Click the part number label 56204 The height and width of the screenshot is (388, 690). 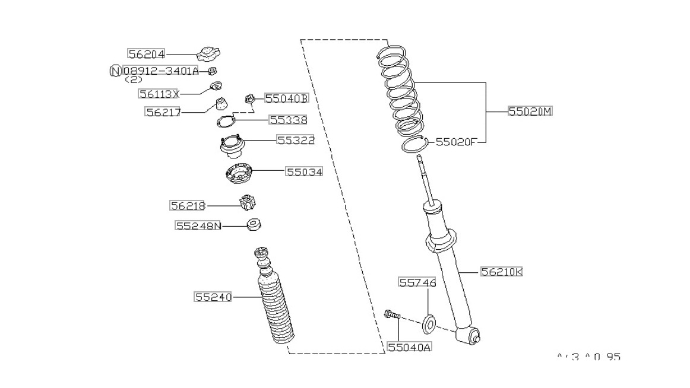click(x=147, y=54)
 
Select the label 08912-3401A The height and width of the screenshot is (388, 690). click(x=160, y=71)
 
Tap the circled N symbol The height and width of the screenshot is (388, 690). click(x=116, y=71)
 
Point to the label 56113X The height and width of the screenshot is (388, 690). click(x=159, y=93)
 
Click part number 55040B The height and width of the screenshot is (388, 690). click(x=286, y=98)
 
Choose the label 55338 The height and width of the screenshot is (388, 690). click(x=288, y=120)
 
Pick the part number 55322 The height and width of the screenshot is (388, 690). click(x=295, y=141)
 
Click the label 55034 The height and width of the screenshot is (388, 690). click(x=304, y=171)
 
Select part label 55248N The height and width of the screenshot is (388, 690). click(x=198, y=226)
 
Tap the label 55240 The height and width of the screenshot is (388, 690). click(x=213, y=297)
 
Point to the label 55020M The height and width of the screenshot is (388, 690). click(x=530, y=111)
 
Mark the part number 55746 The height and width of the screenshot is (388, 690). click(x=417, y=283)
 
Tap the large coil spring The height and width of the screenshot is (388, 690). click(x=401, y=95)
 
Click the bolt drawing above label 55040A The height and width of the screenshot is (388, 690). click(x=392, y=316)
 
